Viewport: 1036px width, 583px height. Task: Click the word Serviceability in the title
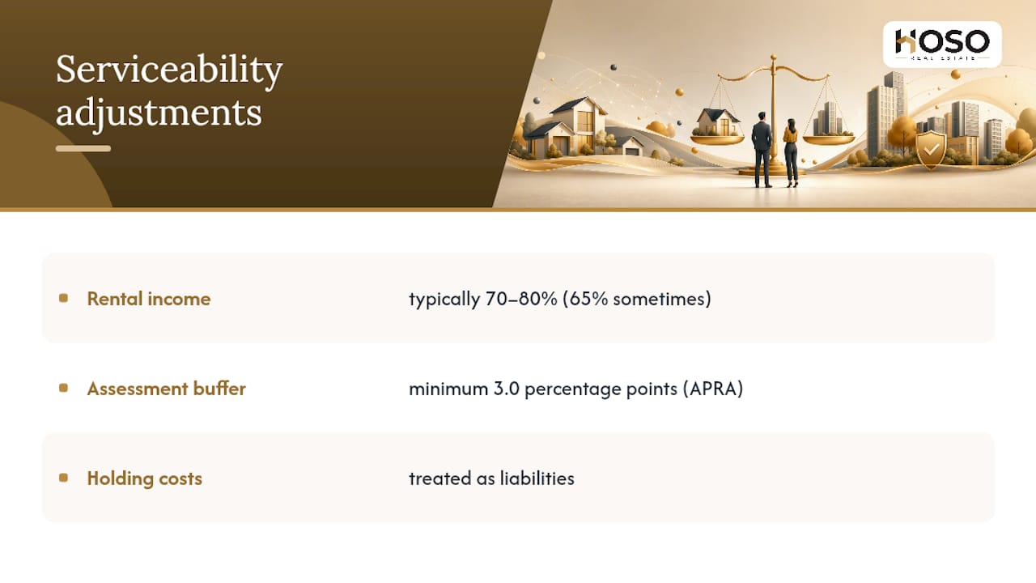point(169,70)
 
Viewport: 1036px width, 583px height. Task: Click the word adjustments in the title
point(159,113)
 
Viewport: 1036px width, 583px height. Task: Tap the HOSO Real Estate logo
point(942,44)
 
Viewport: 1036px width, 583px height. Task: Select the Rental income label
point(149,299)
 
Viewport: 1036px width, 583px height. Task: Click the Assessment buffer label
point(167,389)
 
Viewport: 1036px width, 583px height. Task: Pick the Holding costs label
point(145,479)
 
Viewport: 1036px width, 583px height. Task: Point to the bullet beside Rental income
point(64,299)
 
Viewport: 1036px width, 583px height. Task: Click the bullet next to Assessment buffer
point(64,388)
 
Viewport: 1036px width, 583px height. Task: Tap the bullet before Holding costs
point(64,478)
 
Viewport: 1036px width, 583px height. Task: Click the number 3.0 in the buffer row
point(507,389)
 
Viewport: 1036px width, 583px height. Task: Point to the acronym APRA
point(713,389)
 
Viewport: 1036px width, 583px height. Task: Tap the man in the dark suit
point(762,150)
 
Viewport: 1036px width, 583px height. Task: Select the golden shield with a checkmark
point(931,149)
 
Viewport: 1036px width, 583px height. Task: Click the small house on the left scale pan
point(715,122)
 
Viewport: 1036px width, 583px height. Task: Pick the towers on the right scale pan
point(828,119)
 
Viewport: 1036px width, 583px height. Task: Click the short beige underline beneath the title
point(83,148)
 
